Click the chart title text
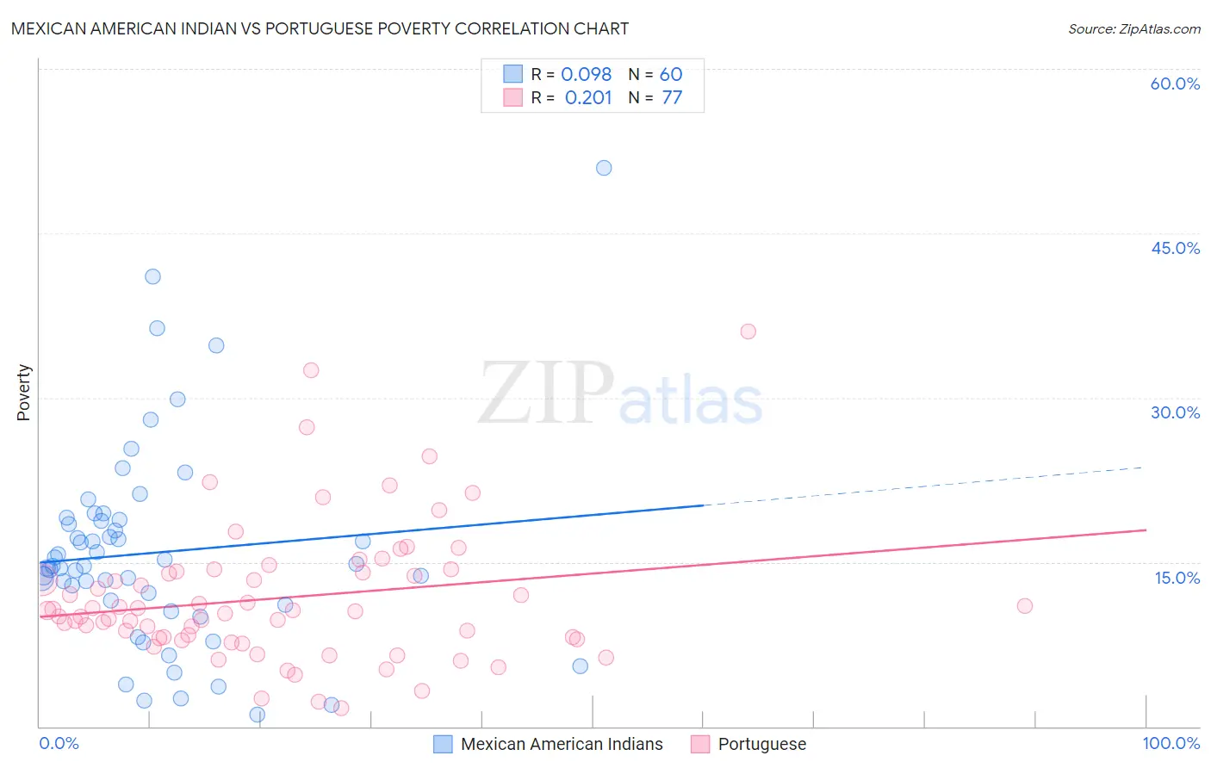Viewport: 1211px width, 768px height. click(x=320, y=28)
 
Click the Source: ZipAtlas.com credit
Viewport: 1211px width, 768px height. click(x=1133, y=28)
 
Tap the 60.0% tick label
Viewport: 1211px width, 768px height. click(x=1175, y=84)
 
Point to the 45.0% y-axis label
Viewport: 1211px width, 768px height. click(x=1175, y=248)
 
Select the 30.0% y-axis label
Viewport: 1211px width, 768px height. click(x=1175, y=412)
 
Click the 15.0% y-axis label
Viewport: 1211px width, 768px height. click(x=1177, y=578)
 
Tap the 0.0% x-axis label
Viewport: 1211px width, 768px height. click(x=59, y=743)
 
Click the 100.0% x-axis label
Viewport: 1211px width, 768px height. click(x=1171, y=743)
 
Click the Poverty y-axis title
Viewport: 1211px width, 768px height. click(x=23, y=393)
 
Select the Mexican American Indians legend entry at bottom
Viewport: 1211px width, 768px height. click(x=561, y=744)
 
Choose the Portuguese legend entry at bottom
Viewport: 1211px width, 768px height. click(x=761, y=744)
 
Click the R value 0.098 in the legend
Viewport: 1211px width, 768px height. click(x=586, y=75)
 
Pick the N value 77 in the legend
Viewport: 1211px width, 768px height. click(x=672, y=98)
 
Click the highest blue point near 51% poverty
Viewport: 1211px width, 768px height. click(x=604, y=168)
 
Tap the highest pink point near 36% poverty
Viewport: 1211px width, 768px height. click(x=748, y=331)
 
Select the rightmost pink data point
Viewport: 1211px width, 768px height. click(x=1024, y=606)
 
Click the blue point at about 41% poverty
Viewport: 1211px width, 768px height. click(x=152, y=276)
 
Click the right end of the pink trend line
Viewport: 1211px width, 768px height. click(x=1145, y=530)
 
